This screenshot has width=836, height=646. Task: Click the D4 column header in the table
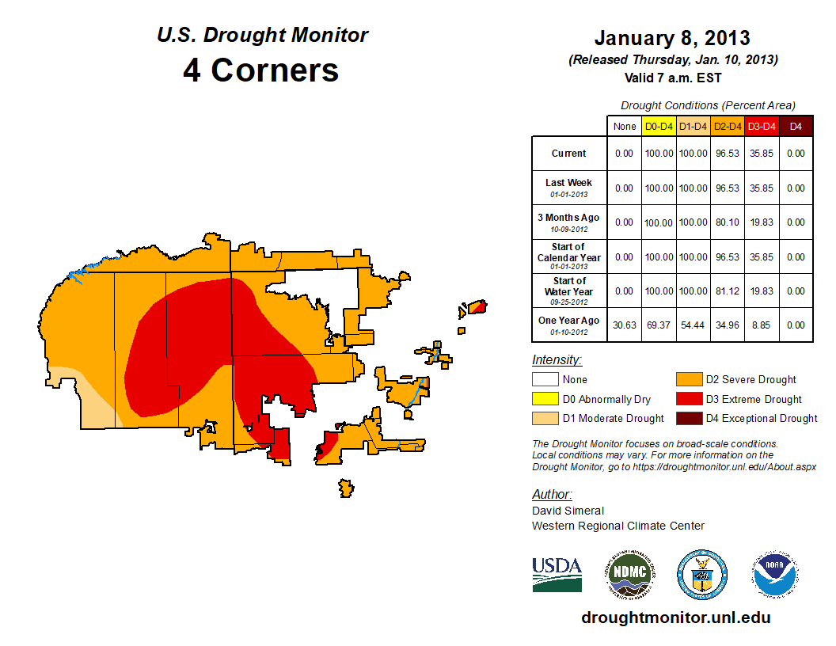[796, 127]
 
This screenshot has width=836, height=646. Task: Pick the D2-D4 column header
[727, 127]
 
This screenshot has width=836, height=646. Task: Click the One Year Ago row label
[569, 321]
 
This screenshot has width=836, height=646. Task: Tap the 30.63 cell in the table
[625, 325]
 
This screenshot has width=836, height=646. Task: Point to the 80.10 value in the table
[727, 223]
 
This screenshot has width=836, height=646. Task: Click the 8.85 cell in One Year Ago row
[762, 325]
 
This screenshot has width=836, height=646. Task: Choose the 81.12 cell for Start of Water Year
[727, 291]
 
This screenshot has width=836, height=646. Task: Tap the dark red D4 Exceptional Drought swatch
[687, 418]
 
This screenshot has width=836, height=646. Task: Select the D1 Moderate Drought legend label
[613, 418]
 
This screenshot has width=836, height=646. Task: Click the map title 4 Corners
[261, 70]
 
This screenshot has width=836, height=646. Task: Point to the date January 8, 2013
[672, 38]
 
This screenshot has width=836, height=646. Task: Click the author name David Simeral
[568, 511]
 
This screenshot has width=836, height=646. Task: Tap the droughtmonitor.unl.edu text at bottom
[675, 617]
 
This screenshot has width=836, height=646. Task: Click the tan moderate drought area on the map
[87, 400]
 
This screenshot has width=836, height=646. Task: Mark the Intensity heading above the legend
[557, 360]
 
